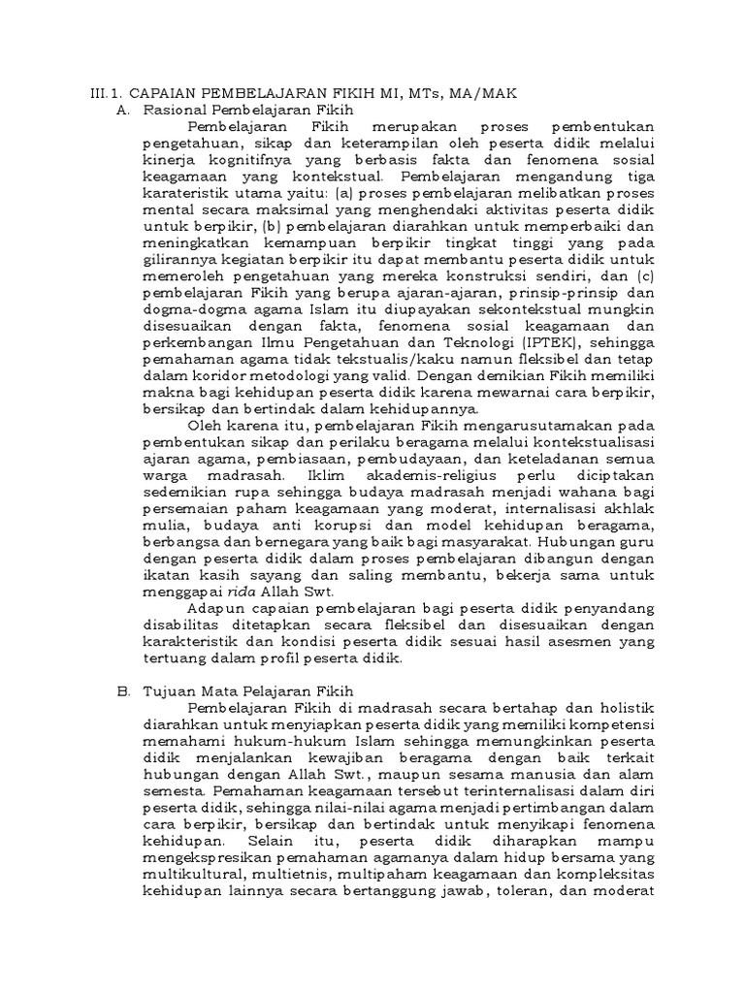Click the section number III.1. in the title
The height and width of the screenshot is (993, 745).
tap(100, 93)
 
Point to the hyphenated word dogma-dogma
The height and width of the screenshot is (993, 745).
tap(185, 309)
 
